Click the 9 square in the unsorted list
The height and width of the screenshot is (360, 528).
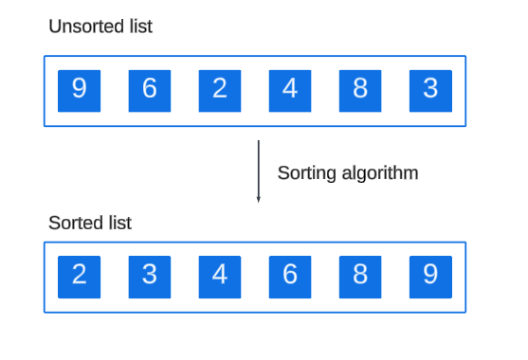coord(79,91)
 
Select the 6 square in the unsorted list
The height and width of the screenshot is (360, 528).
coord(150,91)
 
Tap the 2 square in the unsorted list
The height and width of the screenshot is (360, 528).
coord(220,91)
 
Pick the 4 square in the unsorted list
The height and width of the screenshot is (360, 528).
coord(290,91)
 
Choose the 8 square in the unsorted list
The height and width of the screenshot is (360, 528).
coord(360,91)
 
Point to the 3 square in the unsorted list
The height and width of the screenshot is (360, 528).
coord(430,91)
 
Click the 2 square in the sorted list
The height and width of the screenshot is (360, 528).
coord(79,277)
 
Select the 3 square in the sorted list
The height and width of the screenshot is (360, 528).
coord(150,277)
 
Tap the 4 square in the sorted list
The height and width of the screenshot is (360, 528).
coord(220,277)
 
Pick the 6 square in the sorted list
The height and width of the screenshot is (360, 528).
coord(290,277)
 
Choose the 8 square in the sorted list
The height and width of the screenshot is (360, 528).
coord(360,277)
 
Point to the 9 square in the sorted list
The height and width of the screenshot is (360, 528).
coord(430,277)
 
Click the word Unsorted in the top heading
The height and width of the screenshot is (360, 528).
coord(87,27)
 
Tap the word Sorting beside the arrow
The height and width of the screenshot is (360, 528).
coord(307,173)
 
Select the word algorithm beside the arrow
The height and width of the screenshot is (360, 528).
coord(380,173)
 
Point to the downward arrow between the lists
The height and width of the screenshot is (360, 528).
coord(259,171)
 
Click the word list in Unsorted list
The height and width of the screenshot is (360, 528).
coord(141,27)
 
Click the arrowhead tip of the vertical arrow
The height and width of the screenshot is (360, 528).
coord(259,203)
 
